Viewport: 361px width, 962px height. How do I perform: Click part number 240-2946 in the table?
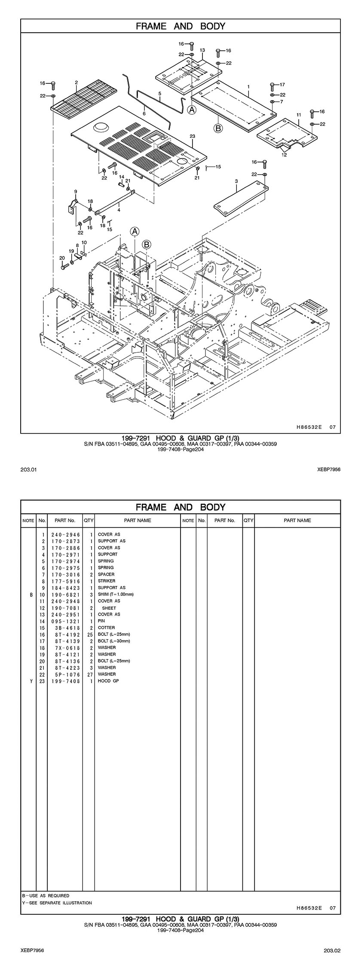(x=65, y=534)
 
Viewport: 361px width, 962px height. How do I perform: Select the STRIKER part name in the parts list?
(x=107, y=581)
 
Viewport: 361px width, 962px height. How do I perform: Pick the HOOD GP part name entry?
(x=108, y=681)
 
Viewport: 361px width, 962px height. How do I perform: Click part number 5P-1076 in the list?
(x=65, y=674)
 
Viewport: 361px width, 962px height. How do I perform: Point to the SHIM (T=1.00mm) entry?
(x=116, y=594)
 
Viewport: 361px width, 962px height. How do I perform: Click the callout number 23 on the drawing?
(x=192, y=136)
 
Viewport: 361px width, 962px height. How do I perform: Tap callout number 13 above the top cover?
(x=202, y=50)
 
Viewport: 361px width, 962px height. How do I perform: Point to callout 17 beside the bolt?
(x=282, y=85)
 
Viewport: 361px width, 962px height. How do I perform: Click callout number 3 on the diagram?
(x=236, y=182)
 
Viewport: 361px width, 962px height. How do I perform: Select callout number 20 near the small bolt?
(x=62, y=258)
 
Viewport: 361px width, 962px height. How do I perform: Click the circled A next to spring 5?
(x=192, y=110)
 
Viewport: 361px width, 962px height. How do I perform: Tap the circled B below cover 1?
(x=218, y=128)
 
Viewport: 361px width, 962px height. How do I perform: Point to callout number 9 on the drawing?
(x=75, y=191)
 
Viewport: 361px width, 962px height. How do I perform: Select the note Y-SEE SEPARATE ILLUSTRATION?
(x=57, y=903)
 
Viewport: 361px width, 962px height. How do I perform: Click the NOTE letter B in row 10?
(x=31, y=594)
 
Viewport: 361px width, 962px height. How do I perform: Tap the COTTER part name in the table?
(x=106, y=627)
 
